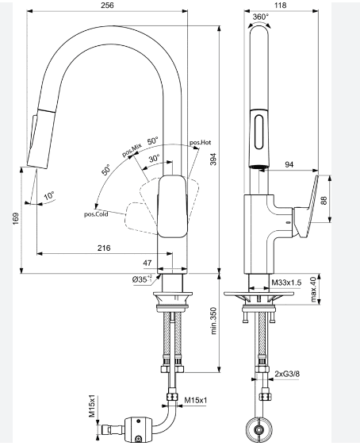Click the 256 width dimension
pos(106,6)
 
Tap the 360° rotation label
pos(260,17)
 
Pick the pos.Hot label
pos(200,142)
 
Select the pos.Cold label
pos(96,213)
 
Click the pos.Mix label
pos(132,150)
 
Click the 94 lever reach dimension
pos(289,164)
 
